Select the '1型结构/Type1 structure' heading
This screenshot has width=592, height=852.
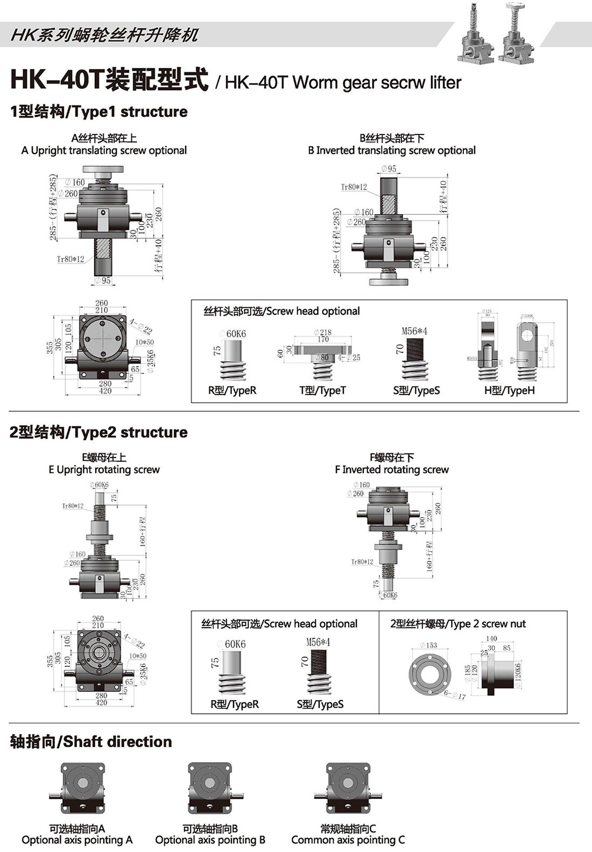pyautogui.click(x=99, y=111)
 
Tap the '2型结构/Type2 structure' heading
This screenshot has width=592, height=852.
pyautogui.click(x=99, y=432)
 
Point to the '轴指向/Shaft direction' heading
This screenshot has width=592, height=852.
pyautogui.click(x=91, y=742)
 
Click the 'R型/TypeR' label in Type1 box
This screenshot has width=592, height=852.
pyautogui.click(x=232, y=390)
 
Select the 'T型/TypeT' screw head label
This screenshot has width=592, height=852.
pyautogui.click(x=322, y=390)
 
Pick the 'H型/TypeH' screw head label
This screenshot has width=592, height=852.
pyautogui.click(x=509, y=390)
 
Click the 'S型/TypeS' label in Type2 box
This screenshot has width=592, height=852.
pyautogui.click(x=320, y=704)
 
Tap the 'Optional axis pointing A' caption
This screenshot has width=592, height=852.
pyautogui.click(x=77, y=840)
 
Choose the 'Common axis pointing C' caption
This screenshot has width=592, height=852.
pyautogui.click(x=348, y=840)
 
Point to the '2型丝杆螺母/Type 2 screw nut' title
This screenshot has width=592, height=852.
pyautogui.click(x=457, y=624)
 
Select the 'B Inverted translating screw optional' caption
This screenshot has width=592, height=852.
pyautogui.click(x=392, y=150)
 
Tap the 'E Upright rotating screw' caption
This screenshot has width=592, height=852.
pyautogui.click(x=104, y=469)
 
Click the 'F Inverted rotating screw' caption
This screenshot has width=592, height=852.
pyautogui.click(x=391, y=469)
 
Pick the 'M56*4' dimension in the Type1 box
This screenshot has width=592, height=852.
pyautogui.click(x=414, y=331)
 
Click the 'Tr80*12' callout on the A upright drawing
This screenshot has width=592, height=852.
pyautogui.click(x=71, y=259)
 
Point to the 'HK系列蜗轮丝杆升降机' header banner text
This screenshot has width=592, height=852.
pyautogui.click(x=104, y=36)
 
